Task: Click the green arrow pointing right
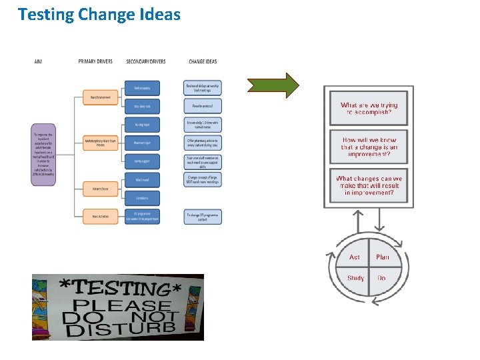click(273, 86)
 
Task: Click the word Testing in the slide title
click(45, 14)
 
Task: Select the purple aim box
click(45, 157)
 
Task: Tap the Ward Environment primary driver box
click(101, 97)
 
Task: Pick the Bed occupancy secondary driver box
click(141, 88)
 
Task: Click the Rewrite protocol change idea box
click(202, 105)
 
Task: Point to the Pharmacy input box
click(141, 142)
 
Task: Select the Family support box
click(141, 161)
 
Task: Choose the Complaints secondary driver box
click(141, 198)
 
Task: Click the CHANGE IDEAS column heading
click(202, 61)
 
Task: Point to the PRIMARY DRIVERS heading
click(95, 61)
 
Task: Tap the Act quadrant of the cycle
click(355, 257)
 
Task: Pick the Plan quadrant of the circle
click(383, 257)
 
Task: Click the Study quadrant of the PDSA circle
click(355, 278)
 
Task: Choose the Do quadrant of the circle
click(382, 278)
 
